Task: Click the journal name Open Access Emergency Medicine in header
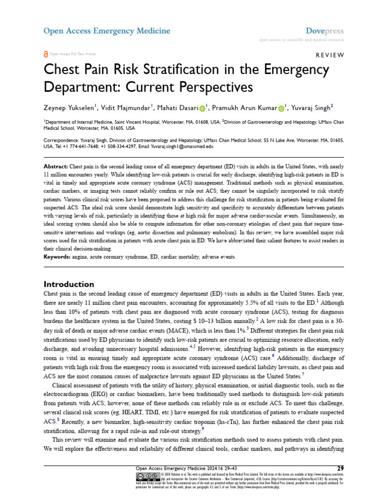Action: click(x=107, y=31)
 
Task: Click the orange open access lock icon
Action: click(x=46, y=54)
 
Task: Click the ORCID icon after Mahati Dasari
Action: click(x=202, y=107)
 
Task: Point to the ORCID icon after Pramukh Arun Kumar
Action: click(x=281, y=107)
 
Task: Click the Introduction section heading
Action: click(x=69, y=284)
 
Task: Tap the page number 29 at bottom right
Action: click(x=340, y=468)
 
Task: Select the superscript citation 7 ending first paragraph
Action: click(x=303, y=376)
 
